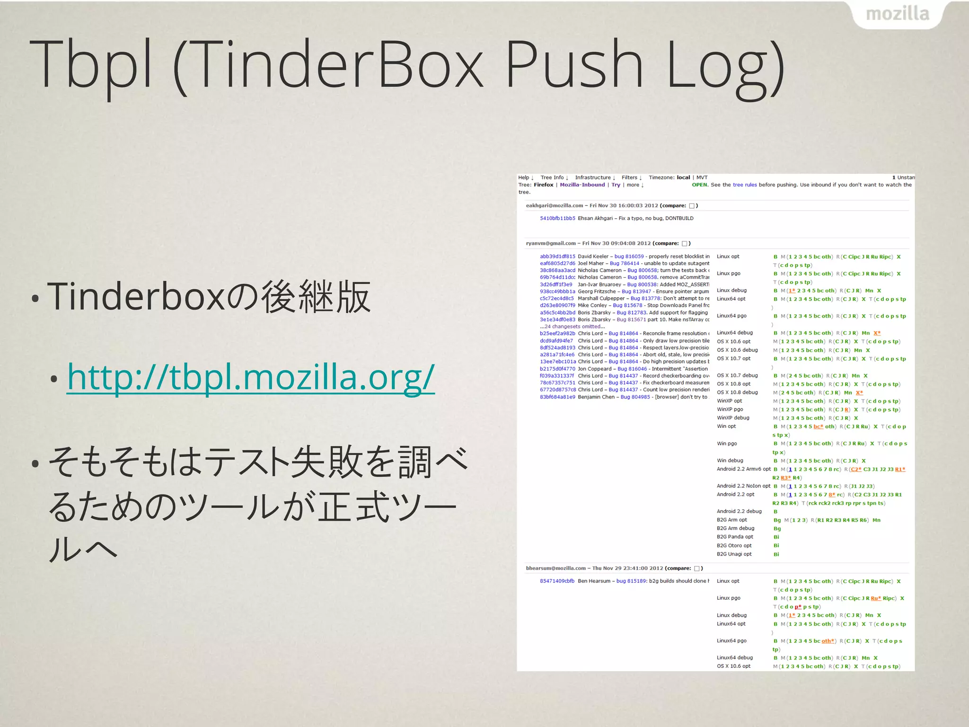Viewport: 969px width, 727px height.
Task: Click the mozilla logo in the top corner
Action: tap(897, 14)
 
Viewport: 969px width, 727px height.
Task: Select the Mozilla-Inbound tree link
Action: tap(582, 185)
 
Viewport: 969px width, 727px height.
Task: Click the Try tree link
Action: tap(616, 185)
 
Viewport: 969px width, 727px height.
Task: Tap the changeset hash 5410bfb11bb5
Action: tap(557, 218)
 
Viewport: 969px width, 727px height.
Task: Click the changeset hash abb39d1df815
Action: tap(557, 257)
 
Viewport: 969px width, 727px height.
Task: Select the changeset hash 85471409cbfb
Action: tap(557, 581)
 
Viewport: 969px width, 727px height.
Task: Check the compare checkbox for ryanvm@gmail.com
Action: tap(684, 244)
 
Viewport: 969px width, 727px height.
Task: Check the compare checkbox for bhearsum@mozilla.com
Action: tap(696, 568)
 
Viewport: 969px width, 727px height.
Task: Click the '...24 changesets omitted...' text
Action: tap(572, 327)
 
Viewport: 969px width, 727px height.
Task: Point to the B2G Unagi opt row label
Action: tap(734, 554)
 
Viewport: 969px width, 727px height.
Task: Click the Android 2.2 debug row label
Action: tap(739, 511)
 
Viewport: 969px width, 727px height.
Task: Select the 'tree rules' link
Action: tap(745, 185)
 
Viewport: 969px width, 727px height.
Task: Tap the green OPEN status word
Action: tap(700, 185)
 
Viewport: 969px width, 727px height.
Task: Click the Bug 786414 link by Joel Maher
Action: tap(624, 264)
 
